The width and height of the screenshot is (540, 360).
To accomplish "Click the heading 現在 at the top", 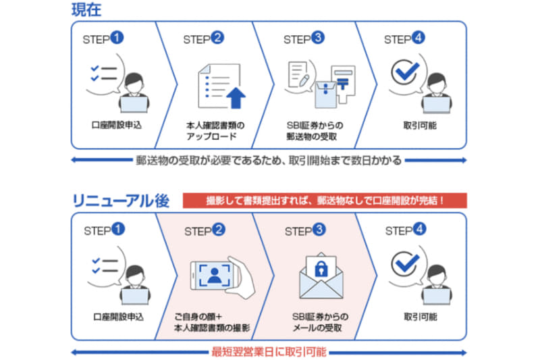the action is click(x=86, y=9).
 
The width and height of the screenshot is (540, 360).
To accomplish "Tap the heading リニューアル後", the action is click(x=121, y=201).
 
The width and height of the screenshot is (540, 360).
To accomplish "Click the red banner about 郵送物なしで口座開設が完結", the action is click(x=325, y=201).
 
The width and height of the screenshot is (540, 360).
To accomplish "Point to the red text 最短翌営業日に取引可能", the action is click(x=269, y=352).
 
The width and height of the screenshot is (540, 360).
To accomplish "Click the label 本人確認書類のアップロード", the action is click(x=215, y=131).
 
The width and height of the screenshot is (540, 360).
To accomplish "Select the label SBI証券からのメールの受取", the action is click(x=320, y=322).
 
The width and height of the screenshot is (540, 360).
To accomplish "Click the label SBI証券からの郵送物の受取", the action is click(x=315, y=131).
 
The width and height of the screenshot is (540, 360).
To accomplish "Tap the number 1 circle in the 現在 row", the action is click(x=117, y=38).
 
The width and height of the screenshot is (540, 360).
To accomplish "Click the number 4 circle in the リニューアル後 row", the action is click(x=419, y=229).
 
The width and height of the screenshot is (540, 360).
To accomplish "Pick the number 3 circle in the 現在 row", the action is click(x=318, y=38).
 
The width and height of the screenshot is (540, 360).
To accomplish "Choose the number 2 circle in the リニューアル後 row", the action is click(x=218, y=230).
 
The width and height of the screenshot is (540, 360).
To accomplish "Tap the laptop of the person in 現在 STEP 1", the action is click(x=134, y=105).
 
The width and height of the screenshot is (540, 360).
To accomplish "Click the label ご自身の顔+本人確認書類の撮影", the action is click(x=212, y=322).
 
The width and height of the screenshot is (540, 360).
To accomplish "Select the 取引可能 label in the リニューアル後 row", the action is click(x=421, y=317).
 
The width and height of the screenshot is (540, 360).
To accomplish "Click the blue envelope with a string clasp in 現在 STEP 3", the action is click(x=326, y=95).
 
